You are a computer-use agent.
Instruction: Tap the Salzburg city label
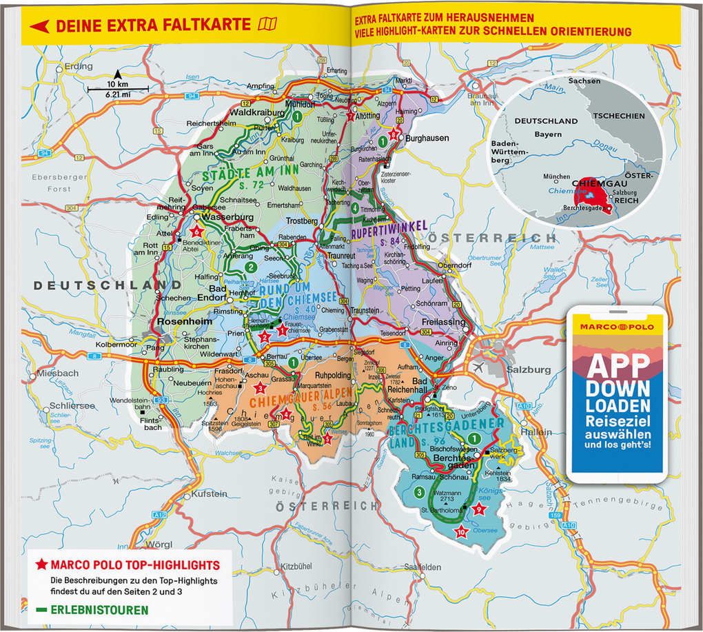(x=528, y=370)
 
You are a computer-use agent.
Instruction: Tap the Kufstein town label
(x=209, y=494)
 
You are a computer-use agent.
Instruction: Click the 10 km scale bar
(x=118, y=88)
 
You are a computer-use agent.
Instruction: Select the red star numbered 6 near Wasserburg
(x=196, y=232)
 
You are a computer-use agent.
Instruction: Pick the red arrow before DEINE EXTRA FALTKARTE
(x=39, y=26)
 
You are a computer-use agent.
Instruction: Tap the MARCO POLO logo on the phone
(x=618, y=326)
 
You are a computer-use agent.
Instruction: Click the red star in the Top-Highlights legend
(x=41, y=565)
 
